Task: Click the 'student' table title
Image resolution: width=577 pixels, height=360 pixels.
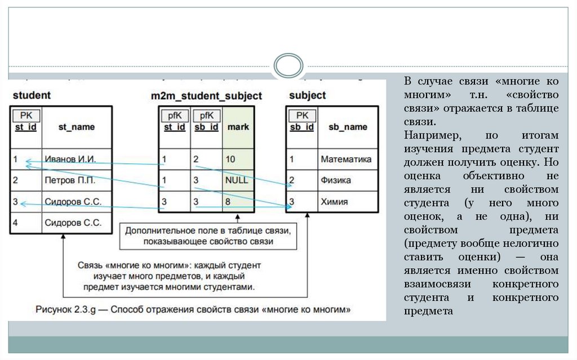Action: (32, 95)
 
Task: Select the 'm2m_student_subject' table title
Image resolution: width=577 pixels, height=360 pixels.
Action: (206, 96)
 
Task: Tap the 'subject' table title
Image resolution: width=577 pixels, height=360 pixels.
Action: (307, 95)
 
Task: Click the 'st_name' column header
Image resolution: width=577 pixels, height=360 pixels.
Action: (77, 127)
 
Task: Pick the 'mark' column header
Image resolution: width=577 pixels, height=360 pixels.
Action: (238, 127)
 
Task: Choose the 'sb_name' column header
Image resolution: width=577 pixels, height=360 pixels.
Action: (348, 127)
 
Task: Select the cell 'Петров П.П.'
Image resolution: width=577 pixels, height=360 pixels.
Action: (70, 181)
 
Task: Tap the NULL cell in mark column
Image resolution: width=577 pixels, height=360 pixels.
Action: (236, 181)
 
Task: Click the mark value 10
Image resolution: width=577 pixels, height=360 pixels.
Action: (230, 159)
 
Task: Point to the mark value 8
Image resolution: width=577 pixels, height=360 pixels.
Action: (228, 202)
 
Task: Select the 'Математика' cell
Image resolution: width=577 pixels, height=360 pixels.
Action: (346, 159)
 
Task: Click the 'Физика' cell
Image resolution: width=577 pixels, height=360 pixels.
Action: (336, 181)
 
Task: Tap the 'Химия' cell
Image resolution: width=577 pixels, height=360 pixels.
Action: (334, 202)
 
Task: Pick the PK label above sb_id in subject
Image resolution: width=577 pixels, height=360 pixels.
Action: (302, 115)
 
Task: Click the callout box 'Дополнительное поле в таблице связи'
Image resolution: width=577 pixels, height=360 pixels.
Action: (207, 236)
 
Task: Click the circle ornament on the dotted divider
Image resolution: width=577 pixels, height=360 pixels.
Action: (288, 66)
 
